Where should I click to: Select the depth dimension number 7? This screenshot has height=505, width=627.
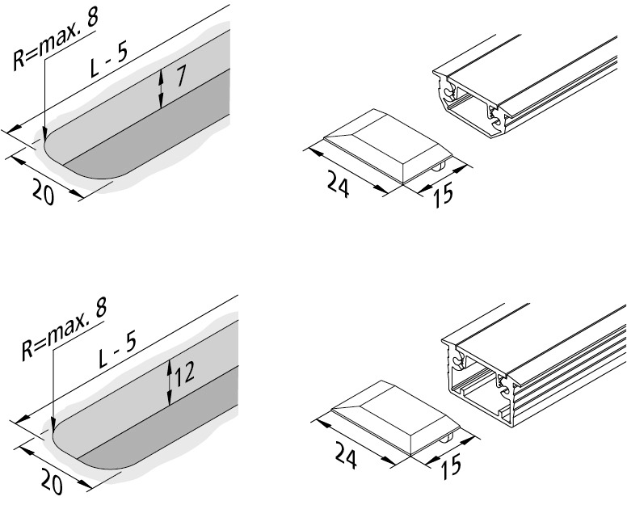tap(181, 78)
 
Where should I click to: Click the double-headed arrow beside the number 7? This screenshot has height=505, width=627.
tap(162, 88)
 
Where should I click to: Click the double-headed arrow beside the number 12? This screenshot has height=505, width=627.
tap(169, 383)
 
